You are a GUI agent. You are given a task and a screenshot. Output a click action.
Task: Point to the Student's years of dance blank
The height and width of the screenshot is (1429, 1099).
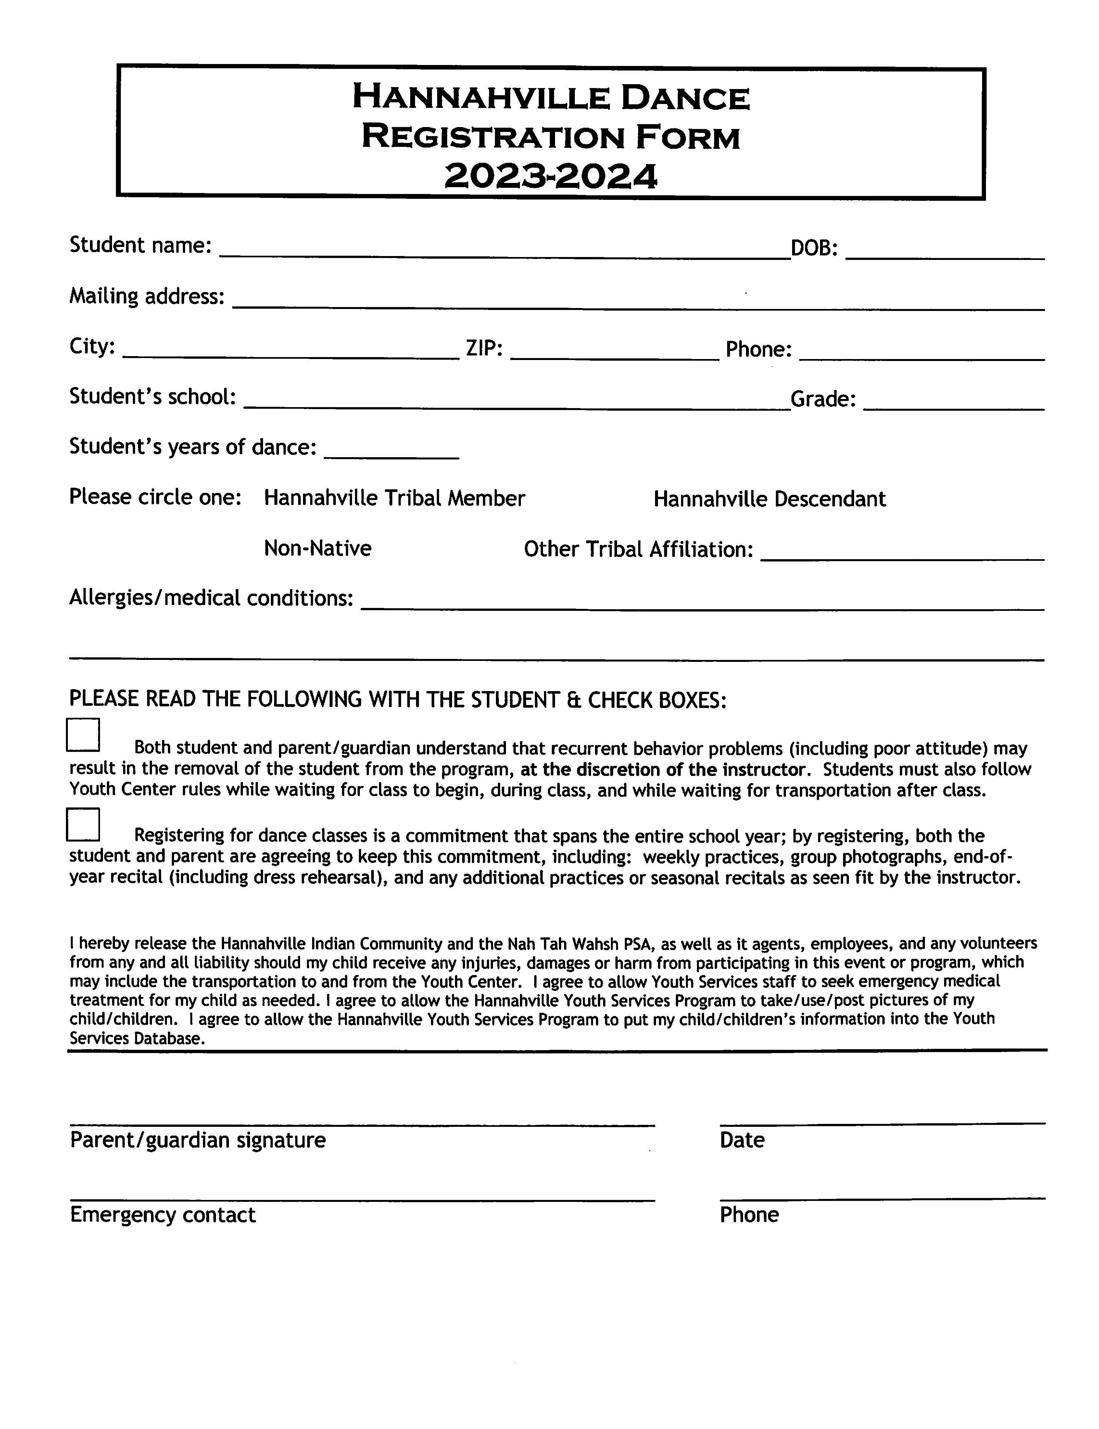pyautogui.click(x=391, y=451)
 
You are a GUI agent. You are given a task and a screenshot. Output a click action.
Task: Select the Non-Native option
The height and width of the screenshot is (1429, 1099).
pyautogui.click(x=317, y=548)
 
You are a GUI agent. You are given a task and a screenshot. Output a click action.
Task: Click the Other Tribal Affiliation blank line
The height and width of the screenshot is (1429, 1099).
pyautogui.click(x=903, y=553)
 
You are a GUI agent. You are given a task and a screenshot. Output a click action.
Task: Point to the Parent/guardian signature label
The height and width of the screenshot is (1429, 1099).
pyautogui.click(x=197, y=1140)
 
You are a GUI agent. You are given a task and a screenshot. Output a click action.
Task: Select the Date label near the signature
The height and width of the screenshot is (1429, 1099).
pyautogui.click(x=742, y=1140)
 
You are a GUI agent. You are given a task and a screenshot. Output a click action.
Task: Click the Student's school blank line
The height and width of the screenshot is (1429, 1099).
pyautogui.click(x=517, y=402)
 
